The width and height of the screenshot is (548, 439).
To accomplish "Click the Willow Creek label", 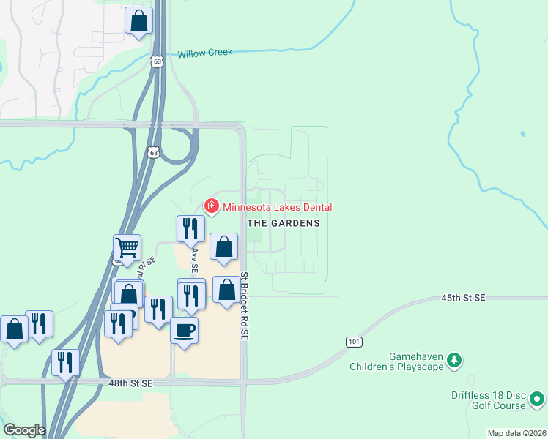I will (x=205, y=53).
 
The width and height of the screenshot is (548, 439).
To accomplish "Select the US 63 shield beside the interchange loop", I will (x=152, y=152).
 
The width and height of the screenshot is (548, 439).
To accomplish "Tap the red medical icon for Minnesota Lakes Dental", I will (x=212, y=206).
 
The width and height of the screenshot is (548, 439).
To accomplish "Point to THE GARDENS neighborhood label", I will (x=283, y=223).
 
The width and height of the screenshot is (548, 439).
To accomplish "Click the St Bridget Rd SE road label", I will (x=244, y=306).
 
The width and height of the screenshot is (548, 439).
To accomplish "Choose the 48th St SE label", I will (x=132, y=383).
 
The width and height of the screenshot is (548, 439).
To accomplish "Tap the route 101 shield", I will (x=354, y=342).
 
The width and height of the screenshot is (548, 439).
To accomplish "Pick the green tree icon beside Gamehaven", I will (x=455, y=360).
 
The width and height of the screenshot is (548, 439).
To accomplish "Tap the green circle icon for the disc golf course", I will (x=537, y=399).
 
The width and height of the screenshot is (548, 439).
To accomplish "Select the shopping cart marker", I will (x=127, y=248).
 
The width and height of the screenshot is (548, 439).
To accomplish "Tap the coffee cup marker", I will (x=184, y=329).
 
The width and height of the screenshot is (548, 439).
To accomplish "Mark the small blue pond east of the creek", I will (x=522, y=134).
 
